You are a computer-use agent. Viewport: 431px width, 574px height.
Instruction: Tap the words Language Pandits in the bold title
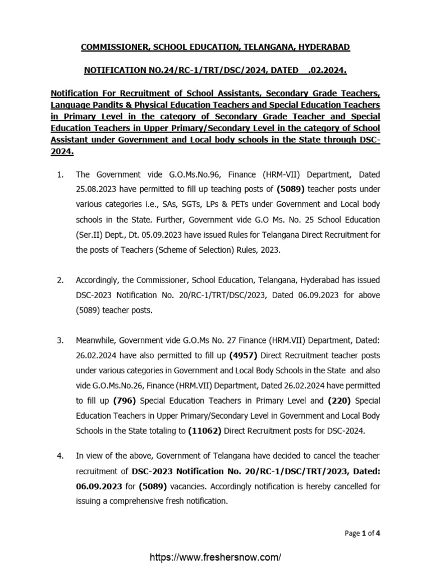[86, 105]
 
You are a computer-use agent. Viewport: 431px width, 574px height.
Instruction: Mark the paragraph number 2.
[61, 280]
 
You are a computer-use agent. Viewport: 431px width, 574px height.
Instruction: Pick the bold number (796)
[123, 400]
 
